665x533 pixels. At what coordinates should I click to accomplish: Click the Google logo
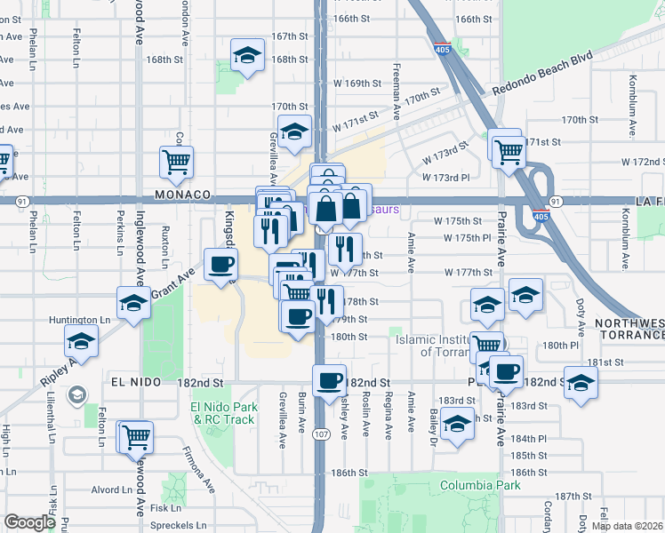coord(29,523)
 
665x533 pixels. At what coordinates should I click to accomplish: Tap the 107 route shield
coord(321,433)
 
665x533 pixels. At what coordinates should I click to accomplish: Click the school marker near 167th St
coord(247,55)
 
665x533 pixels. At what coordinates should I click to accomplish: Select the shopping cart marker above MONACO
coord(176,161)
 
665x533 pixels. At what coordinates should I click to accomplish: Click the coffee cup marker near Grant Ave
coord(220,263)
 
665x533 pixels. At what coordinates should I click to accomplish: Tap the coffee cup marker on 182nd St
coord(329,379)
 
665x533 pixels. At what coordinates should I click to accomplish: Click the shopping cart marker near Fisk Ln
coord(136,436)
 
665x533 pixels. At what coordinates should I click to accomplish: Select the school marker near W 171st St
coord(294,131)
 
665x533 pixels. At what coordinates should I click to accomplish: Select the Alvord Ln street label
coord(111,489)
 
